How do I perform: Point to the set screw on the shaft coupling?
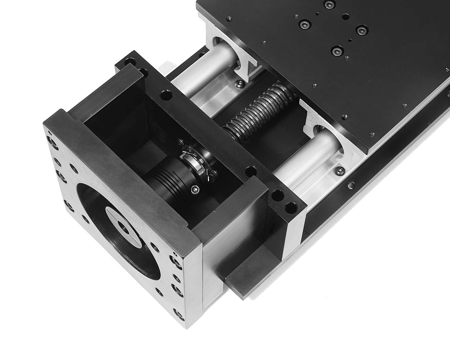[x=195, y=189]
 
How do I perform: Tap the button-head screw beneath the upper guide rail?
[x=238, y=85]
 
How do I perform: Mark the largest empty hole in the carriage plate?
[x=345, y=16]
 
